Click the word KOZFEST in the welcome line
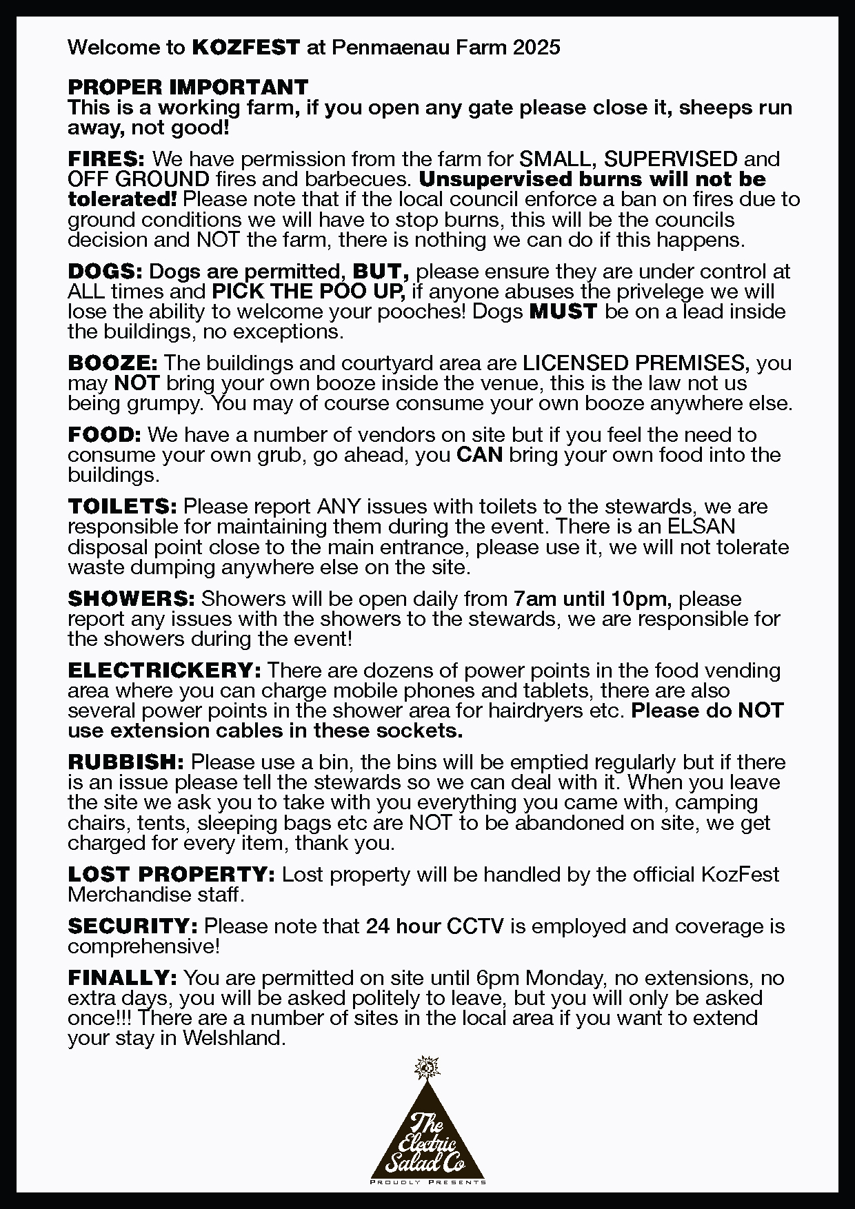(x=245, y=48)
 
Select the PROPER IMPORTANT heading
(x=188, y=88)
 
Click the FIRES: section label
(x=106, y=159)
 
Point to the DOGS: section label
(x=105, y=272)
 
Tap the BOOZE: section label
(x=113, y=363)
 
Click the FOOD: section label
(x=104, y=435)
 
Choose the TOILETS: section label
(x=123, y=507)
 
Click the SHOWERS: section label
(x=131, y=599)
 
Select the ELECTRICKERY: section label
(x=164, y=671)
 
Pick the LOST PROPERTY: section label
(x=172, y=875)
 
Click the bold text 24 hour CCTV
(x=434, y=926)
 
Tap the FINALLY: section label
(x=123, y=978)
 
